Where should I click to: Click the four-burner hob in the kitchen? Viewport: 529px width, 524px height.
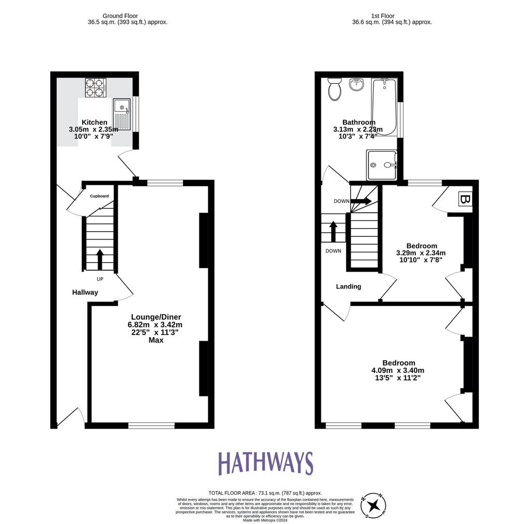(96, 88)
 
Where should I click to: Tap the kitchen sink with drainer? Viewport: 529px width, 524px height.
(121, 115)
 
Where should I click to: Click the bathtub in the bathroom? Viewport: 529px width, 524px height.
(384, 107)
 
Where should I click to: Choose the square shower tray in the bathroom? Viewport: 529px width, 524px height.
(381, 165)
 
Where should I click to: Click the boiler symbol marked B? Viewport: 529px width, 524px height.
(464, 199)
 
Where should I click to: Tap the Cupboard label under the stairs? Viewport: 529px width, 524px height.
(99, 196)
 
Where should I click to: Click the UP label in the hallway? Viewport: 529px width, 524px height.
(100, 279)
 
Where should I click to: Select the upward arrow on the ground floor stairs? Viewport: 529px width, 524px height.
(100, 259)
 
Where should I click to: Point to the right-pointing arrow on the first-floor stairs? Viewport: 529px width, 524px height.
(361, 201)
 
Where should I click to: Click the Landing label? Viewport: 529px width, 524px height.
(349, 287)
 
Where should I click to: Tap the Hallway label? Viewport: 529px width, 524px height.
(85, 292)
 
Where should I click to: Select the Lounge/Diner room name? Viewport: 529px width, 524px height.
(156, 317)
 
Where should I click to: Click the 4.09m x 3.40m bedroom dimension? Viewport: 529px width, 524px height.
(398, 370)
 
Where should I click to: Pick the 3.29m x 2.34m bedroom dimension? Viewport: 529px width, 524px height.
(421, 253)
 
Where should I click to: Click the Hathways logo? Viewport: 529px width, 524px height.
(266, 463)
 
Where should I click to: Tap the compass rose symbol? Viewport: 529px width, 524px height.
(374, 505)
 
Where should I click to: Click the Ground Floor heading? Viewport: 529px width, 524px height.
(120, 16)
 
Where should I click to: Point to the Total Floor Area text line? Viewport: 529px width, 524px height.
(265, 493)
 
